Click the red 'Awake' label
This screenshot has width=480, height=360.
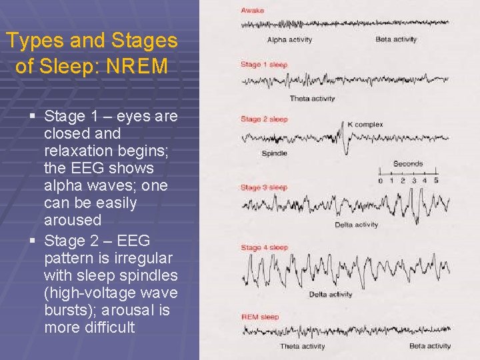pos(253,11)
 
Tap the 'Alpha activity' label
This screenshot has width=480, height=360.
pos(289,40)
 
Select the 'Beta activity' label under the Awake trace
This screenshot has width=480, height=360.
pos(396,40)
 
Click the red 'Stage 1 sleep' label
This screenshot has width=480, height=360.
pos(264,65)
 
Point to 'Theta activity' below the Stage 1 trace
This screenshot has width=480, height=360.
pos(312,99)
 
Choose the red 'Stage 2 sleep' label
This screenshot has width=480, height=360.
pos(264,119)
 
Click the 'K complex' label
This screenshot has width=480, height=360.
pos(365,125)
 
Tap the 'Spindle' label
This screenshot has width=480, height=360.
pos(275,153)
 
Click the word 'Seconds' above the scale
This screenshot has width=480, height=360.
pos(408,164)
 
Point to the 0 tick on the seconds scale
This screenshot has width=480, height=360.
pos(381,180)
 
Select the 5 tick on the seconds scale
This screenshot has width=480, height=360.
pos(436,180)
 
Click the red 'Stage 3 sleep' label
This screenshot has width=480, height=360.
pos(264,187)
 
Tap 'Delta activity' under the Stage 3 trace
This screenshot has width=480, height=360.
pos(357,225)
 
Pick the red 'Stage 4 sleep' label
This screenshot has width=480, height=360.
pos(264,248)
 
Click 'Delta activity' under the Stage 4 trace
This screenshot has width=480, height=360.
pos(331,295)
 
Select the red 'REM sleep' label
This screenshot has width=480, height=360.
pos(260,317)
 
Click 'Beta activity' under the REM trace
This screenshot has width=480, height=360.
pos(430,346)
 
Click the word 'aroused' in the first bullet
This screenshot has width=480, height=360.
pos(73,220)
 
